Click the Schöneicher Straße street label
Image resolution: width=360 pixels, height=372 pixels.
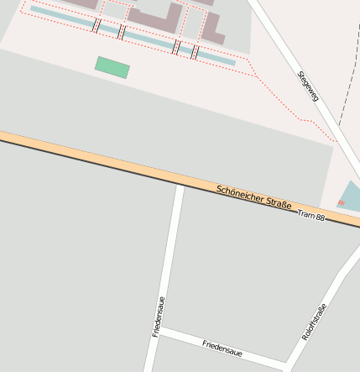(x=253, y=197)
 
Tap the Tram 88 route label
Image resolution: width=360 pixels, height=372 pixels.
(x=310, y=216)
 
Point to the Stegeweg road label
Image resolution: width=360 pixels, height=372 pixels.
(x=308, y=86)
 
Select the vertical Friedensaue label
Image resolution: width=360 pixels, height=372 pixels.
(x=158, y=317)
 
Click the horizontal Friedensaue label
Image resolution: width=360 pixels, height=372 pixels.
(x=227, y=348)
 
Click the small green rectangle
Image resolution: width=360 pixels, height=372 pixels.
(x=112, y=67)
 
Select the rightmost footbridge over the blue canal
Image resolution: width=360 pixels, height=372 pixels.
(x=195, y=52)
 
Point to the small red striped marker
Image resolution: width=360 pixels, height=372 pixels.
(x=341, y=202)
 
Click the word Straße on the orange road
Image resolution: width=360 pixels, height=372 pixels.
(x=278, y=203)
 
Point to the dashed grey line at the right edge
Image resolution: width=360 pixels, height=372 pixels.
(x=346, y=84)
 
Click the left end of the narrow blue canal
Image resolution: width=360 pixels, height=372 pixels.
(x=33, y=9)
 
